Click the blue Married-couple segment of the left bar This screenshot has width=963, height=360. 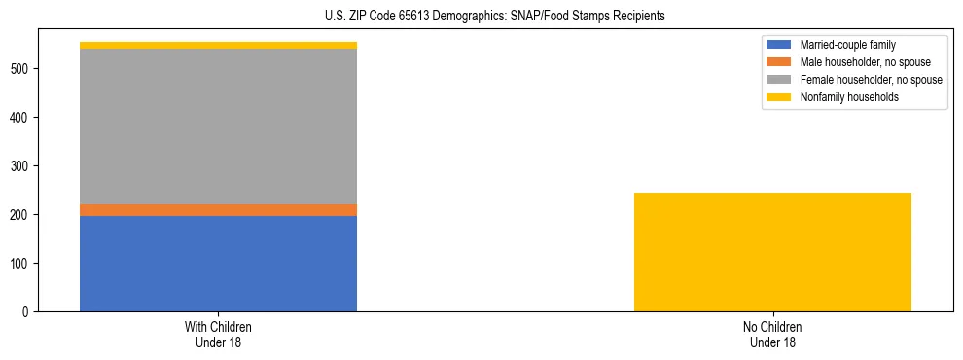[218, 264]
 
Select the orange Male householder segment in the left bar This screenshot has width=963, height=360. [218, 210]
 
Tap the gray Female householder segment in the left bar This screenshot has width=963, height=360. [218, 126]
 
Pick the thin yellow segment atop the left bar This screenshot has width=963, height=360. [218, 45]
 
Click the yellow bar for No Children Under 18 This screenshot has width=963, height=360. [772, 252]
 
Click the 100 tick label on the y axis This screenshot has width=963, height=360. [20, 264]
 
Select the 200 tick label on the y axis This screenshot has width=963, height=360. [20, 215]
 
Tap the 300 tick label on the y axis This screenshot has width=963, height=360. [20, 166]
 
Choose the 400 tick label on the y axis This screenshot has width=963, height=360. [20, 118]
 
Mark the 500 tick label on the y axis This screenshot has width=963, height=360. [20, 69]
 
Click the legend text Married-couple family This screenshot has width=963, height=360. [847, 45]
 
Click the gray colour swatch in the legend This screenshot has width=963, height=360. [780, 80]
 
